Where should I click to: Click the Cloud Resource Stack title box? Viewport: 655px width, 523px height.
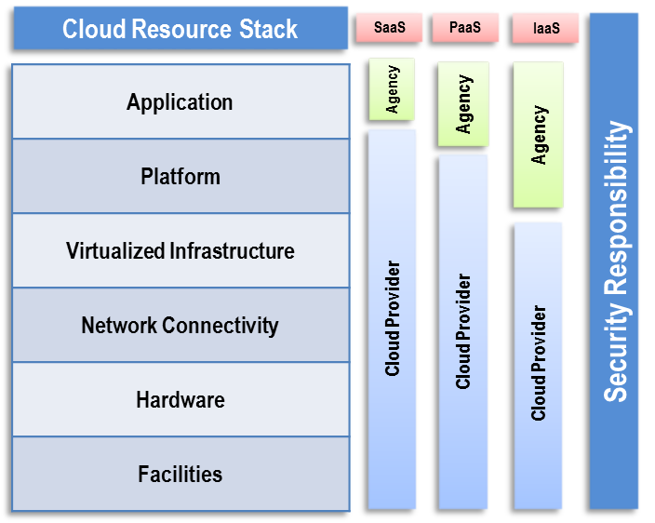click(x=180, y=28)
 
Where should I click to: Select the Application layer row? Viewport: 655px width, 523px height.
click(x=180, y=101)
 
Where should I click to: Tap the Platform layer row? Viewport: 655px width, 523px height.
click(x=180, y=176)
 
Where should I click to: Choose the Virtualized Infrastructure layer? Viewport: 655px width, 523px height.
click(x=180, y=250)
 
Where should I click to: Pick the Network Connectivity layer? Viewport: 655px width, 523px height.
click(x=180, y=325)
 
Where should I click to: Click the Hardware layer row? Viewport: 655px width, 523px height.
click(x=180, y=400)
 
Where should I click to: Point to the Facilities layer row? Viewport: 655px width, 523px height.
click(x=180, y=474)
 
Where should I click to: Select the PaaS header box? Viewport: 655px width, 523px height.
click(x=465, y=27)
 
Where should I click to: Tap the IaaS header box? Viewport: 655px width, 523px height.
click(x=545, y=28)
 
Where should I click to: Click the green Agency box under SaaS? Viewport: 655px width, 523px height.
click(x=393, y=88)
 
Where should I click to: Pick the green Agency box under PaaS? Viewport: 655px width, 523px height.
click(x=463, y=103)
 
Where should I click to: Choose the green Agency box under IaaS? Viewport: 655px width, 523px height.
click(x=539, y=135)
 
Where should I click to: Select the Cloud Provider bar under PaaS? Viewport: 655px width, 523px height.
click(x=463, y=331)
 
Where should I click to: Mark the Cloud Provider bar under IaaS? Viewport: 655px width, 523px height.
click(x=539, y=364)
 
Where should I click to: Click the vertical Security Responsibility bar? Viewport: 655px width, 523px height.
click(x=615, y=261)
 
